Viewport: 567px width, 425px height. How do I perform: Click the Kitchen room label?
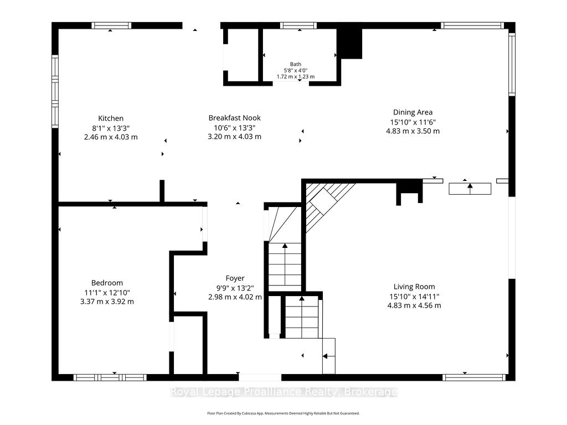pyautogui.click(x=111, y=118)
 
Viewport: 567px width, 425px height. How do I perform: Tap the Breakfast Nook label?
pyautogui.click(x=234, y=118)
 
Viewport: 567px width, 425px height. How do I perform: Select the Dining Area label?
pyautogui.click(x=413, y=112)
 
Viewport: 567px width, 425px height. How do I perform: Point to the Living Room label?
pyautogui.click(x=414, y=287)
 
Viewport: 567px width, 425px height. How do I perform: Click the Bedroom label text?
pyautogui.click(x=107, y=283)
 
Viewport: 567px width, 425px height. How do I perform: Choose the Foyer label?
pyautogui.click(x=235, y=278)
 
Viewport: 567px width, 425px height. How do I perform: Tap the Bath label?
pyautogui.click(x=296, y=64)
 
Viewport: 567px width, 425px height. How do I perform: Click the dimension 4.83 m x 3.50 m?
pyautogui.click(x=413, y=131)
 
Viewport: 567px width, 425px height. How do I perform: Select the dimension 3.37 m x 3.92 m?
pyautogui.click(x=107, y=302)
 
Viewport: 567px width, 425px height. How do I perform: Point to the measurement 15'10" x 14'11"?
pyautogui.click(x=414, y=297)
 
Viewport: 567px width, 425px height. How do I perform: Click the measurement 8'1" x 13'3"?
pyautogui.click(x=111, y=128)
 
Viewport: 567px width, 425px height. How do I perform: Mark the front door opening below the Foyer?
pyautogui.click(x=260, y=377)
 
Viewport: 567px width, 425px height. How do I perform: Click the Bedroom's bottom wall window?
pyautogui.click(x=110, y=377)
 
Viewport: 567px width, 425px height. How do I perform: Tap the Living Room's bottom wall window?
pyautogui.click(x=474, y=377)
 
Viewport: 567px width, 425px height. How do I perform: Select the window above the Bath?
pyautogui.click(x=298, y=25)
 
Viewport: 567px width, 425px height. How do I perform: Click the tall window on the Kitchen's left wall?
pyautogui.click(x=55, y=91)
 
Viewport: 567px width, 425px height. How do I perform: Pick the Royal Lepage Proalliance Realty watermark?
pyautogui.click(x=284, y=392)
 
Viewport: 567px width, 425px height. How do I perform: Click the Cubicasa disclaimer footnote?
pyautogui.click(x=283, y=413)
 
